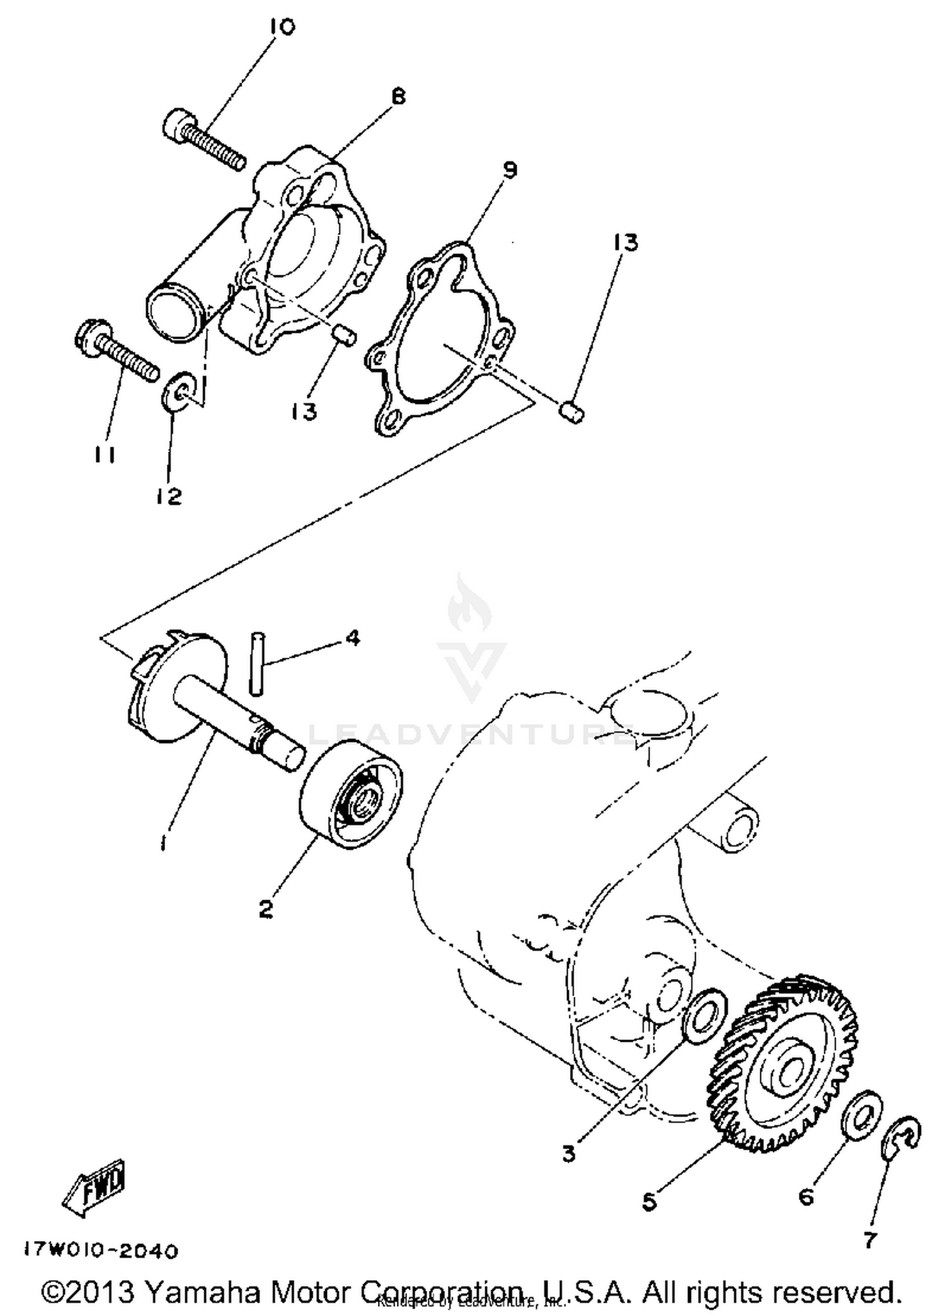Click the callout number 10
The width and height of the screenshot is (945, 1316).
pyautogui.click(x=282, y=27)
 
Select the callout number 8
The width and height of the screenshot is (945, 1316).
pyautogui.click(x=398, y=96)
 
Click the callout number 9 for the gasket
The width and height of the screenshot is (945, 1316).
pyautogui.click(x=510, y=169)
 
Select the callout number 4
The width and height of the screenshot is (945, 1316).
pyautogui.click(x=352, y=638)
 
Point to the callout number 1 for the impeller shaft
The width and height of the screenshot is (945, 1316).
pyautogui.click(x=163, y=842)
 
